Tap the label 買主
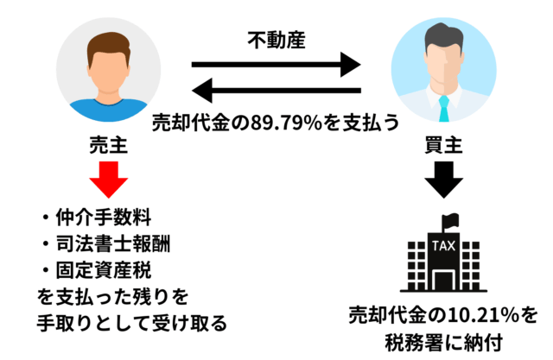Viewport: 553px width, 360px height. (443, 147)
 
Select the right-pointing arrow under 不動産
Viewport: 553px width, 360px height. (276, 64)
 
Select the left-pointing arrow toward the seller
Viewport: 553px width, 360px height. (276, 89)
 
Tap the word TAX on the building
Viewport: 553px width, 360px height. (443, 245)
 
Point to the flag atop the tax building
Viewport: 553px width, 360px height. (449, 219)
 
